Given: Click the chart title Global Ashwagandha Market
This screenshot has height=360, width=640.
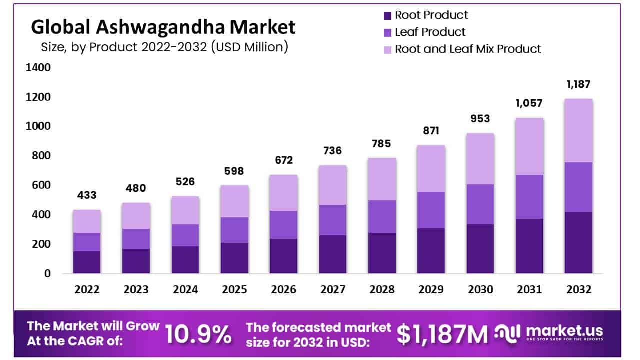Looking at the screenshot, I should [x=163, y=27].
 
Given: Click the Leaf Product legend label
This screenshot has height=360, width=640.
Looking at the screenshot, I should [x=430, y=32].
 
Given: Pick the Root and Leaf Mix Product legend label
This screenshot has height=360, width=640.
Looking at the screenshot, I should [x=468, y=49].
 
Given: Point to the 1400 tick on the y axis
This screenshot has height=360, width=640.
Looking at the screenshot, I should [x=38, y=67].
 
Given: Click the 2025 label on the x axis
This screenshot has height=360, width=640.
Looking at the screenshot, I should [x=234, y=290].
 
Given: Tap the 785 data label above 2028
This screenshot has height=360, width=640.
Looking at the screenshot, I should [x=382, y=144].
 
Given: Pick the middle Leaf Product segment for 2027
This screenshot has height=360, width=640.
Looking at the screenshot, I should [x=333, y=220].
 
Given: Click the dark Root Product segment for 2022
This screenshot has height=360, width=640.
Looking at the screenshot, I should [x=86, y=262].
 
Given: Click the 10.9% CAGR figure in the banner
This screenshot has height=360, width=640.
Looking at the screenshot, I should [x=198, y=334].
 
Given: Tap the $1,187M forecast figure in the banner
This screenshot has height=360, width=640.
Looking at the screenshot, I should [x=442, y=334].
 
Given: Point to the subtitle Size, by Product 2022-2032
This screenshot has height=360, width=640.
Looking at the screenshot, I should [x=164, y=47].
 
